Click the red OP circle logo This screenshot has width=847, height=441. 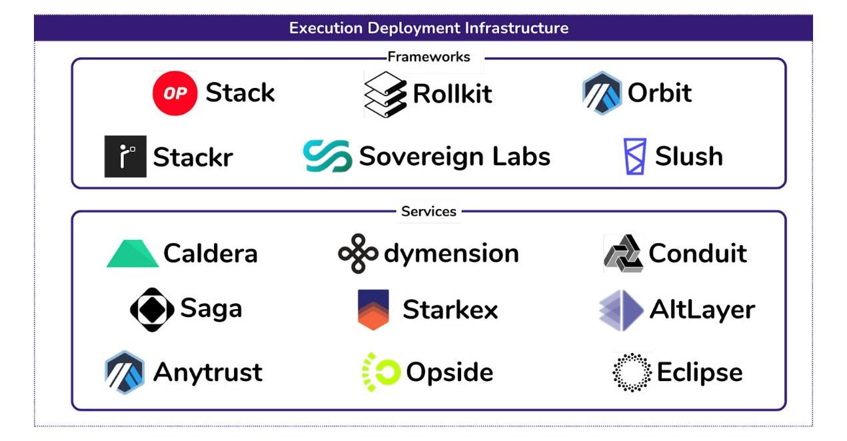(175, 93)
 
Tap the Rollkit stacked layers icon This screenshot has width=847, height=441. (385, 94)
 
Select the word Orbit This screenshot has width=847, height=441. (660, 93)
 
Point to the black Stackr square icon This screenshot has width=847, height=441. (125, 157)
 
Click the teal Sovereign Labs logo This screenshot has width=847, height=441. (327, 157)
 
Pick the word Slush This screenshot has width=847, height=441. (688, 157)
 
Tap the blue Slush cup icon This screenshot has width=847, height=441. (634, 157)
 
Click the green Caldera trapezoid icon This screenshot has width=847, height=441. (133, 254)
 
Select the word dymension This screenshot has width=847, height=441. (451, 254)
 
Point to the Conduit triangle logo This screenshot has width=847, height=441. (623, 254)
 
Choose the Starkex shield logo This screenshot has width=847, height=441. (373, 310)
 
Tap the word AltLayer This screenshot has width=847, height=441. (702, 310)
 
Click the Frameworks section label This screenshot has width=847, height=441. (428, 57)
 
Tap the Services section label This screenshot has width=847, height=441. (428, 212)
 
